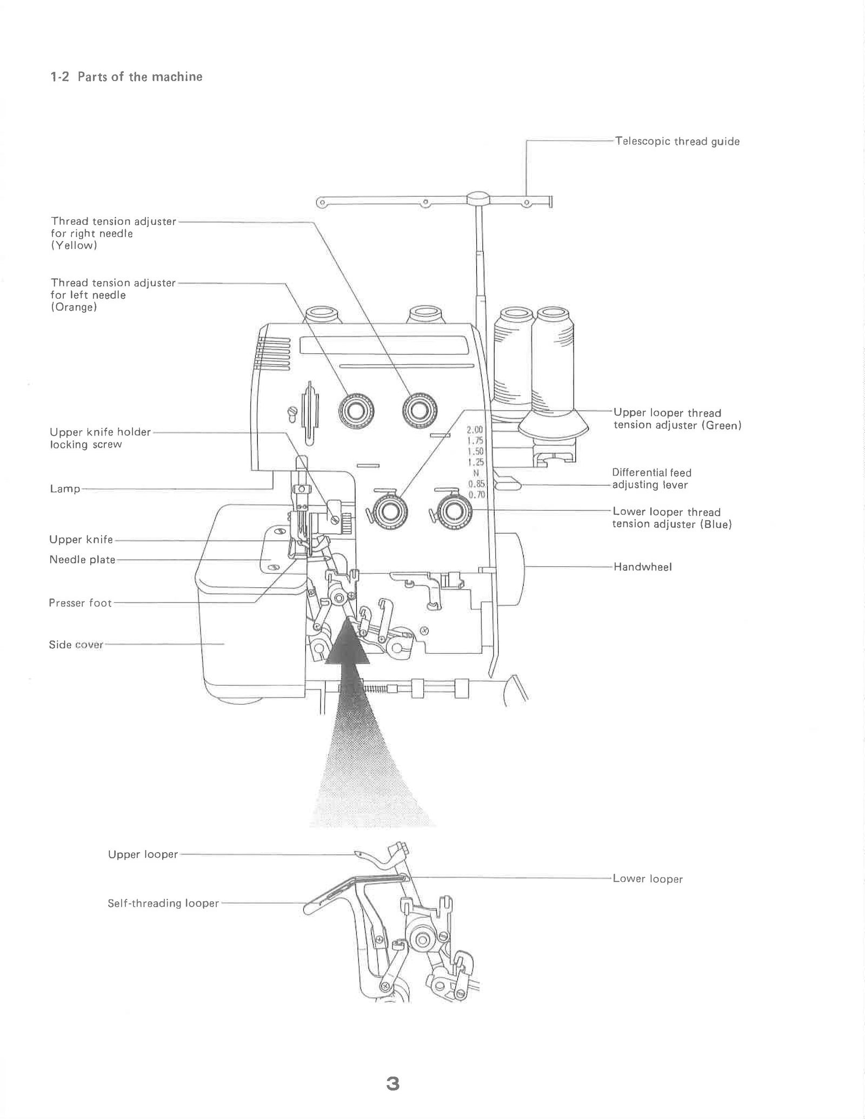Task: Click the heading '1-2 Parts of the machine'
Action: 127,77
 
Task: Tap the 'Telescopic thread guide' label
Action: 677,142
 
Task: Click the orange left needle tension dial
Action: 356,411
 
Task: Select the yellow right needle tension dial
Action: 420,411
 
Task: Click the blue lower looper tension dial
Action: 452,511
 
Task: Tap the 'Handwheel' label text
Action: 642,567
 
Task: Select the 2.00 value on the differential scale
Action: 475,430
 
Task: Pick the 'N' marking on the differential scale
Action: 476,473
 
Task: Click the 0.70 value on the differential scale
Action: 476,495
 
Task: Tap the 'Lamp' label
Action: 65,489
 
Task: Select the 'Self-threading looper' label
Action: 163,903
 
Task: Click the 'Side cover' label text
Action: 76,645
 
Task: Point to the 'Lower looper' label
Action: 647,879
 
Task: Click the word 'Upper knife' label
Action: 81,540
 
